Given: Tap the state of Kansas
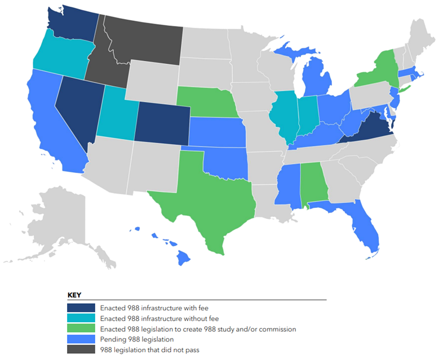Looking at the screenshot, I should [217, 132].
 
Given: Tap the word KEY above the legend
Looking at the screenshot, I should [75, 295].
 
